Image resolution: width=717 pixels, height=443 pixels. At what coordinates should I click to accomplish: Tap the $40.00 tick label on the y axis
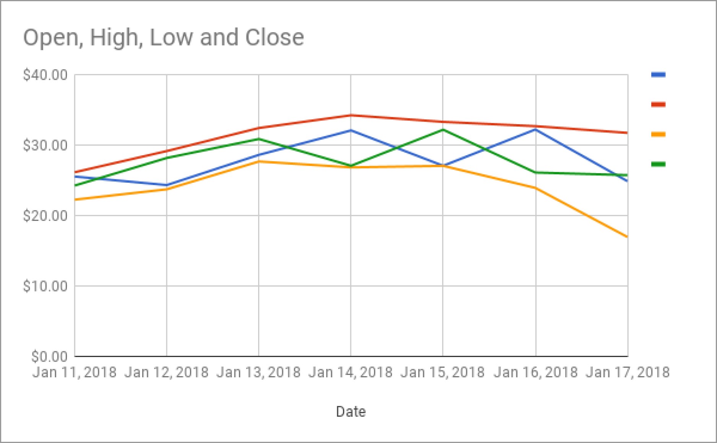pyautogui.click(x=46, y=75)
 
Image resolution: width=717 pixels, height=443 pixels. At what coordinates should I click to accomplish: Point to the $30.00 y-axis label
pyautogui.click(x=46, y=145)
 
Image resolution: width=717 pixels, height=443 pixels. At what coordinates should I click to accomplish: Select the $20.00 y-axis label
pyautogui.click(x=46, y=216)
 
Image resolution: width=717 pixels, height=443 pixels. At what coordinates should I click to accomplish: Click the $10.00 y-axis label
pyautogui.click(x=46, y=286)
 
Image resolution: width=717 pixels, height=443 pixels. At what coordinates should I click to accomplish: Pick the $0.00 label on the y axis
pyautogui.click(x=50, y=356)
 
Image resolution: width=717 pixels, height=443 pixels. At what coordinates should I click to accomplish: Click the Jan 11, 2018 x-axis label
pyautogui.click(x=75, y=372)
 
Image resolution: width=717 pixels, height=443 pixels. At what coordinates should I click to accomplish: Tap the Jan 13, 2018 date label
pyautogui.click(x=259, y=372)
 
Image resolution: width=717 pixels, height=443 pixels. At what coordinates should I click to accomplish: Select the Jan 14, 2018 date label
pyautogui.click(x=351, y=372)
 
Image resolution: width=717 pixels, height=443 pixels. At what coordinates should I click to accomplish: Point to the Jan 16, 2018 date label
pyautogui.click(x=536, y=372)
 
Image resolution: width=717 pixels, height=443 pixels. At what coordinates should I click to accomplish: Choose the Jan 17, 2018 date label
pyautogui.click(x=628, y=372)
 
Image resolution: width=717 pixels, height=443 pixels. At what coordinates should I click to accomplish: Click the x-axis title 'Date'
pyautogui.click(x=351, y=412)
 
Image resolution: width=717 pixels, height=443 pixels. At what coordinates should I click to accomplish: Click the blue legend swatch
pyautogui.click(x=658, y=75)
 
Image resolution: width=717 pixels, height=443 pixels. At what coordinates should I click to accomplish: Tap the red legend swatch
pyautogui.click(x=658, y=104)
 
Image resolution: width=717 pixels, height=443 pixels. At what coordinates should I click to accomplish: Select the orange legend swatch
pyautogui.click(x=658, y=134)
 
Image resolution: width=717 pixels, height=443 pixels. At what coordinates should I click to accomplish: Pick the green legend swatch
pyautogui.click(x=658, y=164)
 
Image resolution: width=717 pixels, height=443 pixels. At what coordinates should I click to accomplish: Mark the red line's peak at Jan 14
pyautogui.click(x=351, y=115)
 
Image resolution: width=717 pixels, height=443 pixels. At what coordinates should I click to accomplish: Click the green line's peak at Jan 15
pyautogui.click(x=443, y=130)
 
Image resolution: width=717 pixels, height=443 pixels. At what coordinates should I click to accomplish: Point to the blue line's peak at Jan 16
pyautogui.click(x=536, y=130)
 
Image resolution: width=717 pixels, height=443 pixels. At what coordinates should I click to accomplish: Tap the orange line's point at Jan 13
pyautogui.click(x=259, y=162)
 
